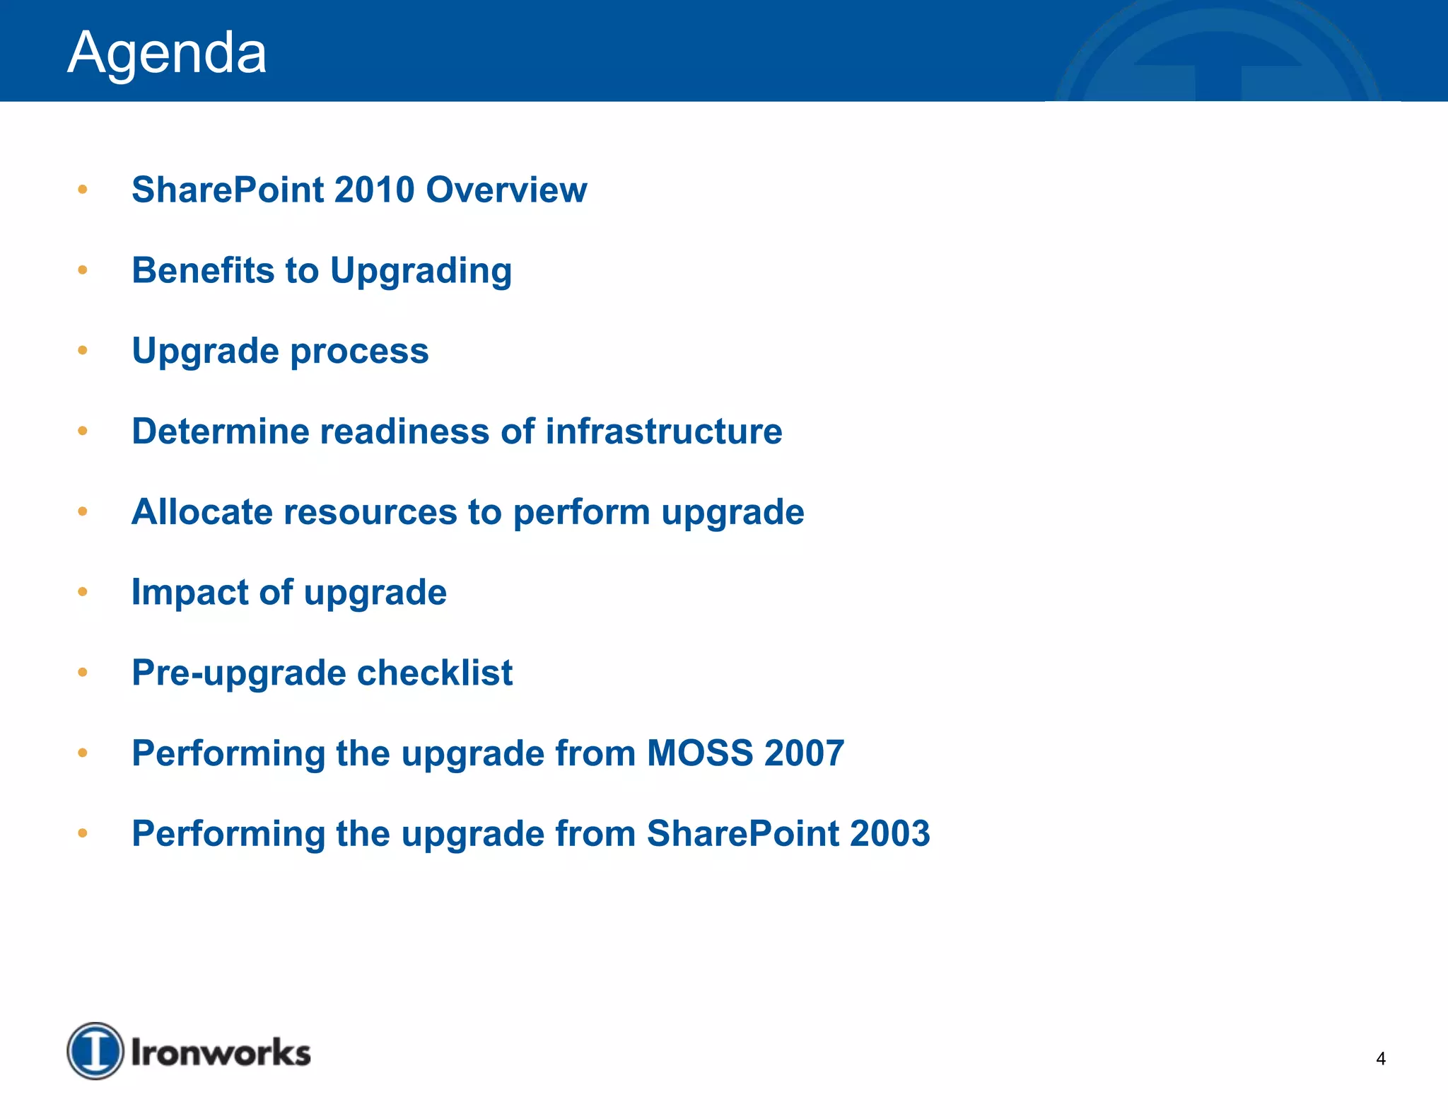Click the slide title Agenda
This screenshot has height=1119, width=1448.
coord(167,53)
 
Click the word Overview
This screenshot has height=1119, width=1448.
coord(506,190)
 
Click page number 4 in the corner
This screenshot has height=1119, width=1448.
coord(1380,1059)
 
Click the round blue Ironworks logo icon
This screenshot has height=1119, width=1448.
coord(95,1051)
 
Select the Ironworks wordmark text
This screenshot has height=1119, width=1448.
coord(221,1053)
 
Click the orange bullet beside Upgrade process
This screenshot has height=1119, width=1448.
coord(83,350)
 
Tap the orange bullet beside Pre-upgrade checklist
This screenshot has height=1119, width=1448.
coord(83,672)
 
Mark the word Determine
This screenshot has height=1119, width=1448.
coord(221,431)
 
